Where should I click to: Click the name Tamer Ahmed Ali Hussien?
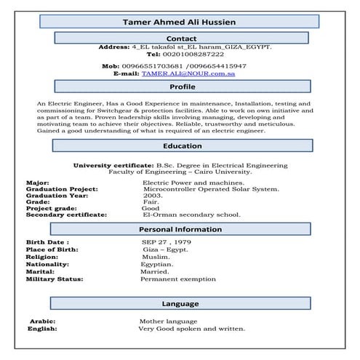(179, 21)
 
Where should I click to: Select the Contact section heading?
(181, 38)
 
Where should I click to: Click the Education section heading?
(182, 145)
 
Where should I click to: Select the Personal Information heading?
(182, 229)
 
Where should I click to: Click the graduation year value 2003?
(153, 196)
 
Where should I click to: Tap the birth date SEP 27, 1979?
(167, 241)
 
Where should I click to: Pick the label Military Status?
(55, 279)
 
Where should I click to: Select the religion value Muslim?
(156, 257)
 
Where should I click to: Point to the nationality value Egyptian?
(157, 264)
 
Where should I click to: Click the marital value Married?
(155, 272)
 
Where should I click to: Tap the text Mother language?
(168, 321)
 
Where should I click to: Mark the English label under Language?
(42, 329)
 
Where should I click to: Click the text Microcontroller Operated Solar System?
(211, 188)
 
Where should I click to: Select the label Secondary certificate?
(66, 215)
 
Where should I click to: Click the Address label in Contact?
(113, 47)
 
